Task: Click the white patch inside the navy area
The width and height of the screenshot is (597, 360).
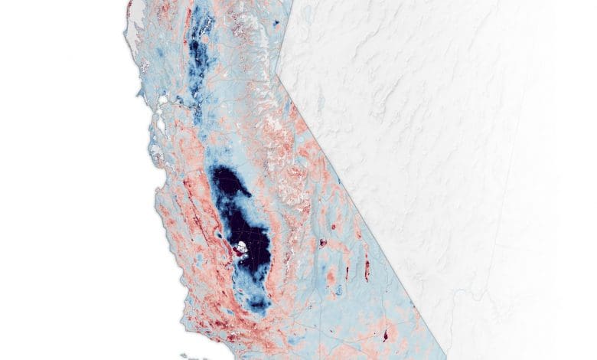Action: (x=240, y=247)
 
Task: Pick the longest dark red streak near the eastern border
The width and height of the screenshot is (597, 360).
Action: (x=367, y=267)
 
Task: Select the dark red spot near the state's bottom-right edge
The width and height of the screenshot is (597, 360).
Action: (x=384, y=335)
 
